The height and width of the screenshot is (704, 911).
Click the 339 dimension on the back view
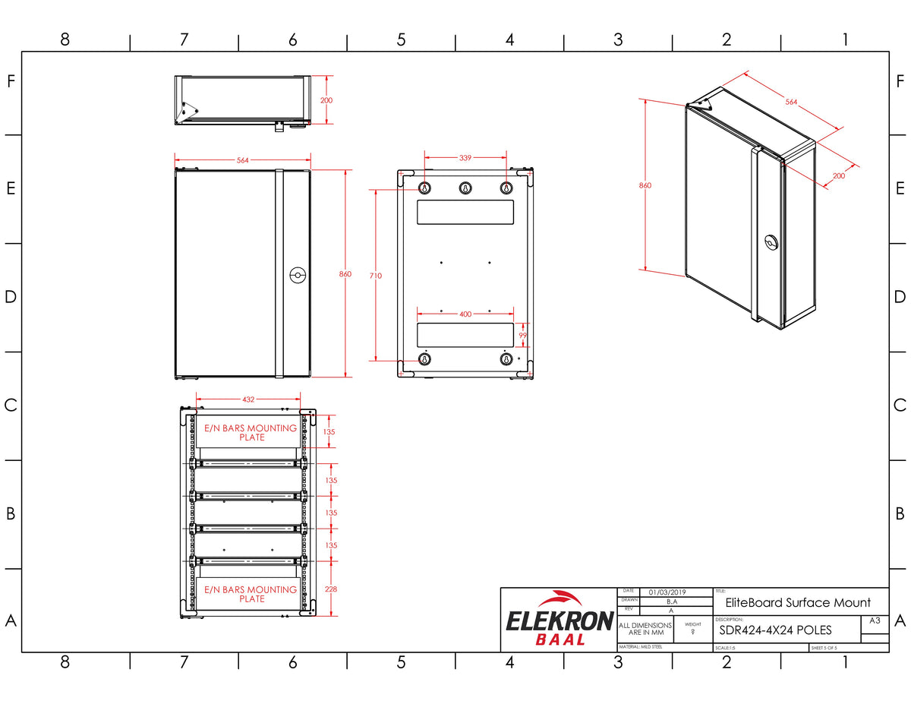(465, 158)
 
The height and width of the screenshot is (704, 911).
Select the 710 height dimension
(375, 276)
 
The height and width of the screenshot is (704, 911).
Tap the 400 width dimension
(465, 314)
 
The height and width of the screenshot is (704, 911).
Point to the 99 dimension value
(522, 334)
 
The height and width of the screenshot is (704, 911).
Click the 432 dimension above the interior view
(248, 398)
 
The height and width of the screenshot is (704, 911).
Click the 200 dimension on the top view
(326, 99)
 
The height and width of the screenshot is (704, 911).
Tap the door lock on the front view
(297, 276)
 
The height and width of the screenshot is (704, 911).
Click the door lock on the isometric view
(772, 243)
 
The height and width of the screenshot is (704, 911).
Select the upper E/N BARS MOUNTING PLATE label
(251, 432)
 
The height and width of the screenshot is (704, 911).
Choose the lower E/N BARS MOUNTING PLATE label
(251, 594)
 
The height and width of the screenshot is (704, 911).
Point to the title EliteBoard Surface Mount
(797, 603)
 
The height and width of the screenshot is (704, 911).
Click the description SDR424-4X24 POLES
(775, 630)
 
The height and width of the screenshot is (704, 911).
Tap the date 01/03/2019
(667, 592)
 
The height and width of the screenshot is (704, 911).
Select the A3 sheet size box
(875, 620)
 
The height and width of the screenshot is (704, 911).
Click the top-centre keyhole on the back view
(465, 188)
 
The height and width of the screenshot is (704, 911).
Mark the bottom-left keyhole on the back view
(425, 359)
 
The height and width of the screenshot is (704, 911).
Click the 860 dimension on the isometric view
(645, 185)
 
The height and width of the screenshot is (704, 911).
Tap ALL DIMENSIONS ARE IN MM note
(646, 629)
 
